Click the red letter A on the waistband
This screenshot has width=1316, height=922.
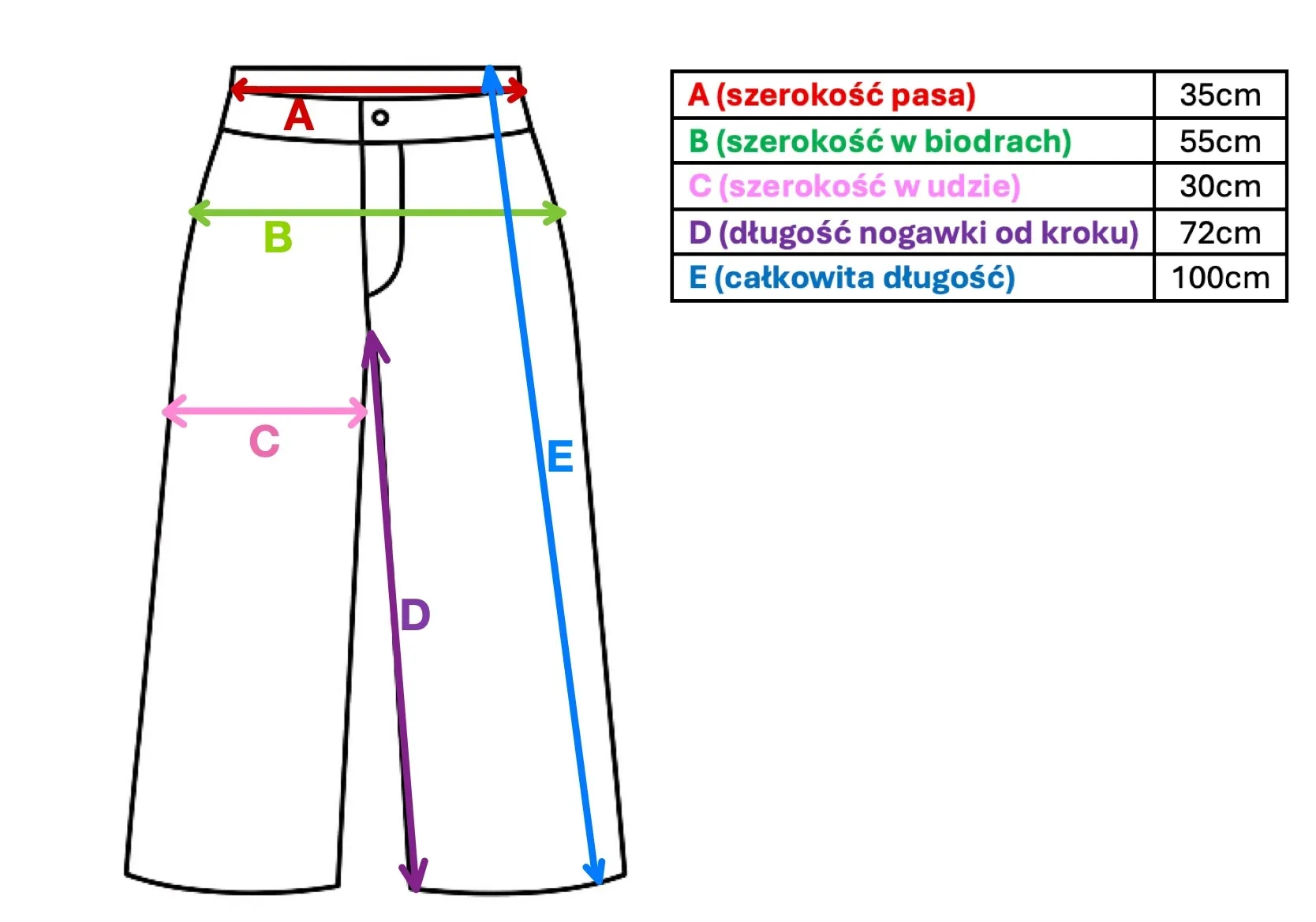click(299, 116)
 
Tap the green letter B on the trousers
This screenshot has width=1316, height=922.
click(278, 237)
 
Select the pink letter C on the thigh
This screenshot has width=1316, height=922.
click(264, 442)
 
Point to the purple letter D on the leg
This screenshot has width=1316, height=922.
click(415, 615)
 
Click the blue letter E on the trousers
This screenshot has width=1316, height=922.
click(560, 457)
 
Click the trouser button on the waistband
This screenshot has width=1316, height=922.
click(380, 118)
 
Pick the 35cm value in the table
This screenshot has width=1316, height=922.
click(1220, 95)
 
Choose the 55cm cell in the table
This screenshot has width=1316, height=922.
click(1220, 142)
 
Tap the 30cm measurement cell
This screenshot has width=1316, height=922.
click(1220, 187)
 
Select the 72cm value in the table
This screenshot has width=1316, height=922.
click(1220, 233)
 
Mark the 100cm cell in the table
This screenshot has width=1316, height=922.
click(1220, 278)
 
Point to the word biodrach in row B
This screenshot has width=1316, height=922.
click(997, 142)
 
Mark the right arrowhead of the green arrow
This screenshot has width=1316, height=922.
click(557, 212)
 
